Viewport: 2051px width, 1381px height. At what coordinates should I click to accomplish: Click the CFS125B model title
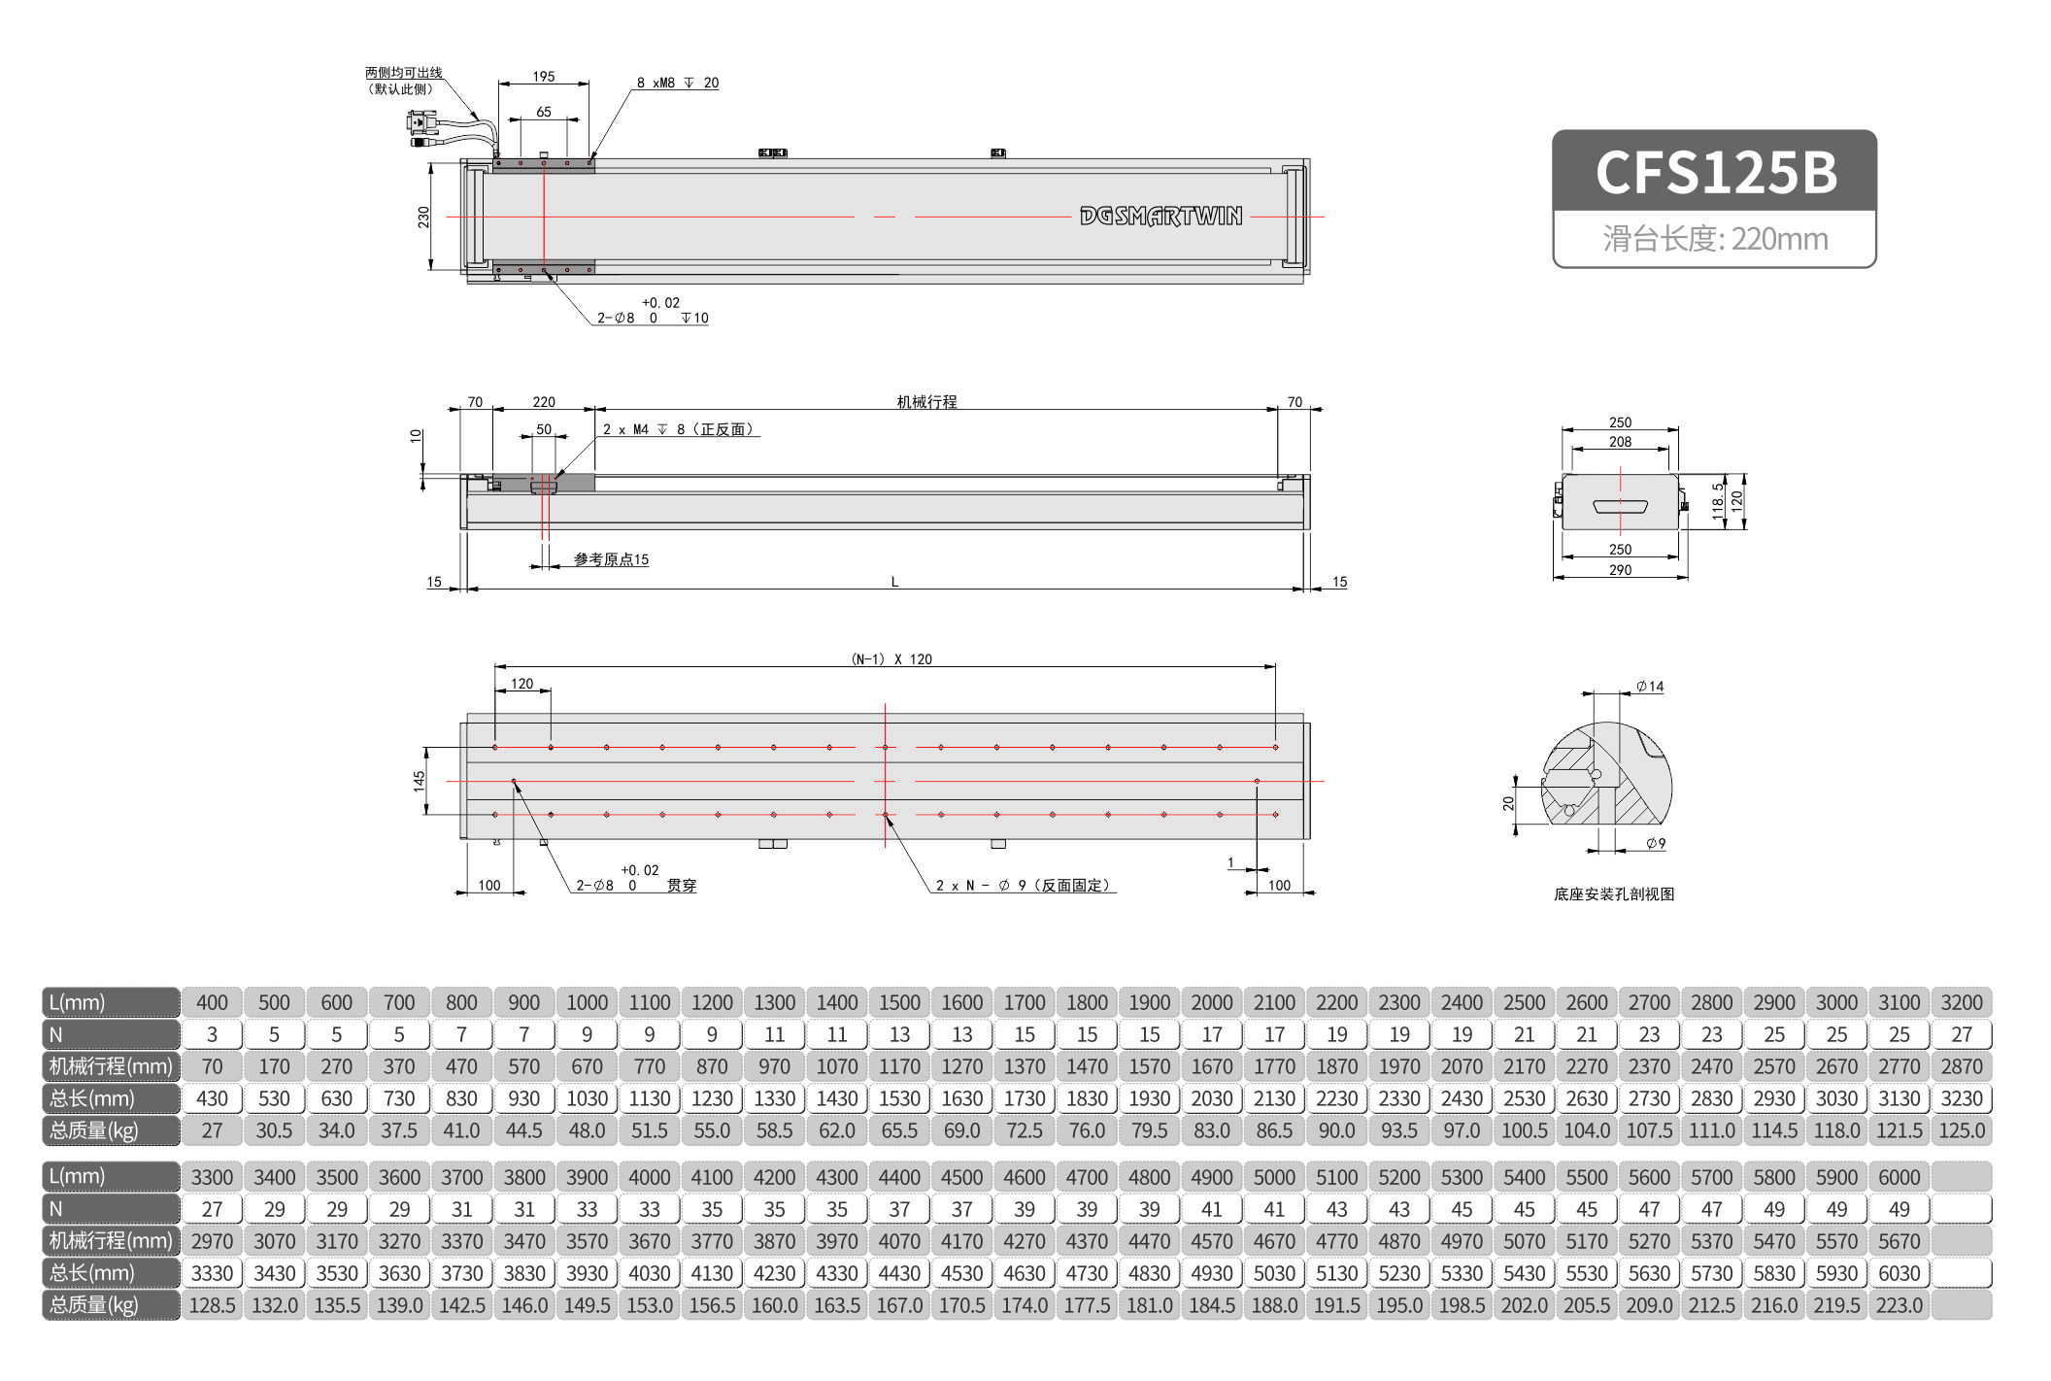pos(1715,172)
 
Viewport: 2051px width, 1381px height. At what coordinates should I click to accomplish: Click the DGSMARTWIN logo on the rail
pos(1160,216)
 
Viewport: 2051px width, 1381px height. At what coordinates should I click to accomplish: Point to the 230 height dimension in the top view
pos(423,217)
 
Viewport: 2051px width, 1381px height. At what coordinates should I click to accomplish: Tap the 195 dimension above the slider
pos(543,76)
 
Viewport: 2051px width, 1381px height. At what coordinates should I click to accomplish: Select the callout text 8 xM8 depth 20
pos(678,84)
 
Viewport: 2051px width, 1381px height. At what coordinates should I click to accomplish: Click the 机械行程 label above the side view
pos(926,401)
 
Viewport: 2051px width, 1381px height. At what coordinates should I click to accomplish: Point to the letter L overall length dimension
pos(894,582)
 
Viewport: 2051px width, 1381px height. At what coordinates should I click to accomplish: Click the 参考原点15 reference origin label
pos(611,559)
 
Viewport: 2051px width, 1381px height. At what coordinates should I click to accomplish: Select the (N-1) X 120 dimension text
pos(891,659)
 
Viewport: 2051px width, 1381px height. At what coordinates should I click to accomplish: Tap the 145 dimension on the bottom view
pos(419,780)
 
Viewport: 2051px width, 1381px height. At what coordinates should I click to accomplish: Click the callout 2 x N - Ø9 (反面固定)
pos(1022,886)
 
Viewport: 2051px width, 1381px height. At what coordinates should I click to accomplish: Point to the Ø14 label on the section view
pos(1649,687)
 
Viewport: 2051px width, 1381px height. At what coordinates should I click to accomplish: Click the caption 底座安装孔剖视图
pos(1614,894)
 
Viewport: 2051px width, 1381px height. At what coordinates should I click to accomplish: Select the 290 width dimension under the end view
pos(1620,570)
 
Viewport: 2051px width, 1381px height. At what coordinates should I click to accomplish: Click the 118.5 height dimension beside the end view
pos(1717,501)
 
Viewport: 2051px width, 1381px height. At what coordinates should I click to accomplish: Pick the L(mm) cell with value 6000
pos(1899,1177)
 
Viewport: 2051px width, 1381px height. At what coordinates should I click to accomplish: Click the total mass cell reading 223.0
pos(1899,1305)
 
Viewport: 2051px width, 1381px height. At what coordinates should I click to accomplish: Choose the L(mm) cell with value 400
pos(212,1002)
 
